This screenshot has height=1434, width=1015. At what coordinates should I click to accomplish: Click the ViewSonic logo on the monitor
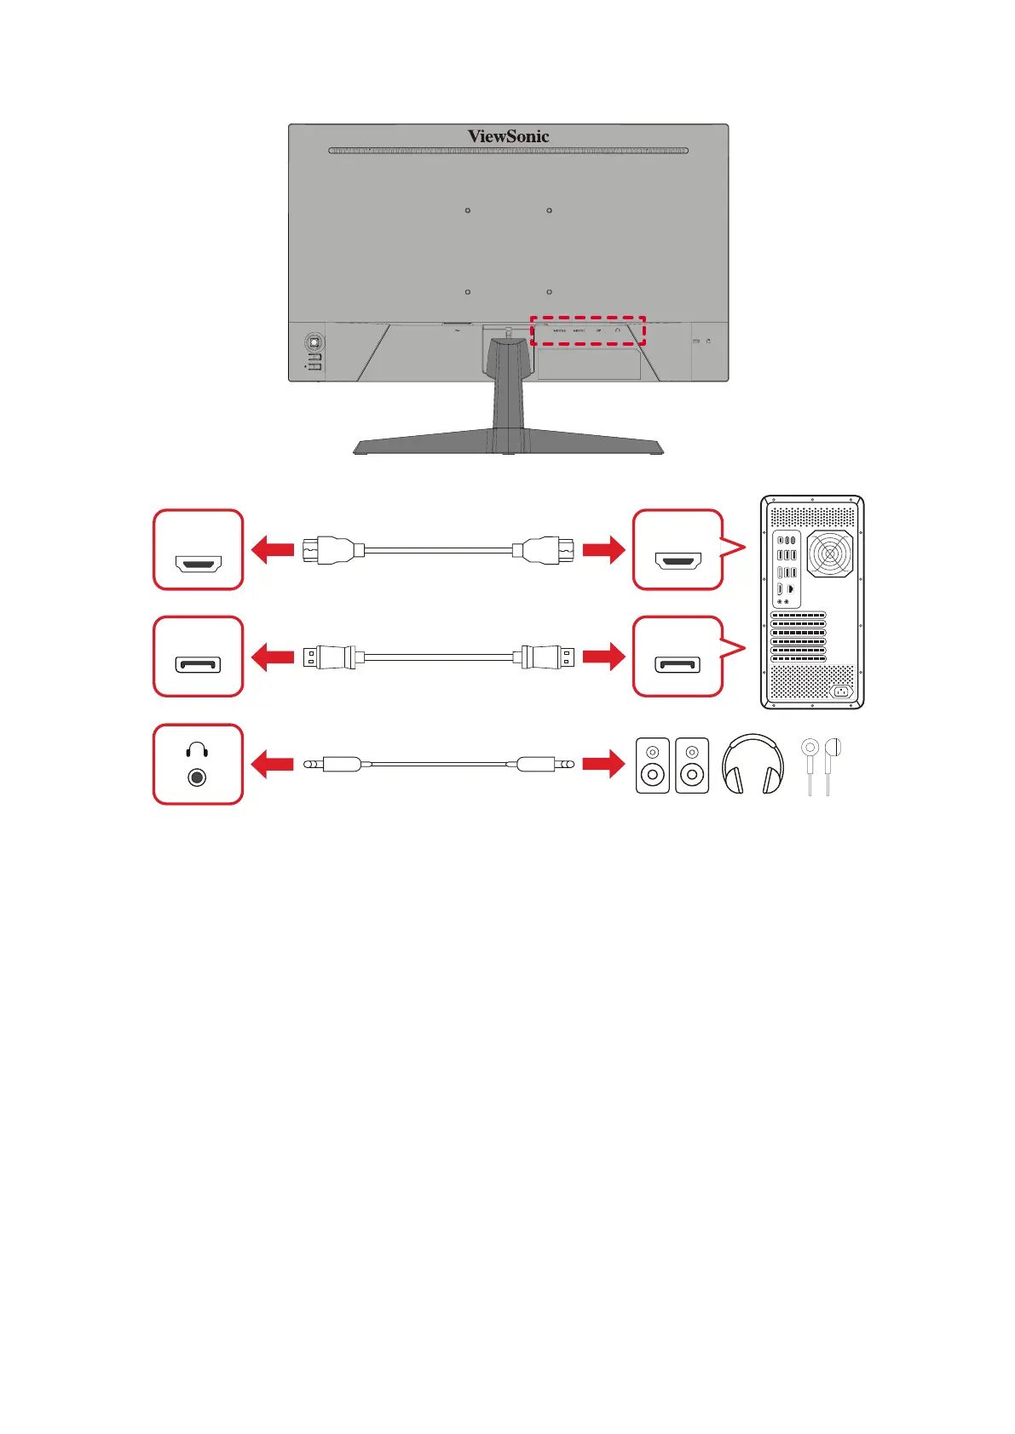508,136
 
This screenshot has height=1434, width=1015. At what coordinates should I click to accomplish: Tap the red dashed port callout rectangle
588,331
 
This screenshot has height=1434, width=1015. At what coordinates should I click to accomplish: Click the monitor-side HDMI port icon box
198,550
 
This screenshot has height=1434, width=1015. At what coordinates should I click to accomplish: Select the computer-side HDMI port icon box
678,550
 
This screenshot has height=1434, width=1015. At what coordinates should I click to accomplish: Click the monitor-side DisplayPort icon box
198,657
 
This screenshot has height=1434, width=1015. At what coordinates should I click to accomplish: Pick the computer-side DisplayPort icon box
678,657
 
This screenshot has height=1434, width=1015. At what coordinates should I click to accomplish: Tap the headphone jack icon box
198,764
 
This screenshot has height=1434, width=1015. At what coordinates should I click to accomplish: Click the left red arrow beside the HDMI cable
273,550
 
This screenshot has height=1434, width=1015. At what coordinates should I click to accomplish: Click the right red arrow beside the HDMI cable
603,550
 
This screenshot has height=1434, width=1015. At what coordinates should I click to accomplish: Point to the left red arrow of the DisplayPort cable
273,657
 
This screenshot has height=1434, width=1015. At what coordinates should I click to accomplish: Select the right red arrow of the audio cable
603,764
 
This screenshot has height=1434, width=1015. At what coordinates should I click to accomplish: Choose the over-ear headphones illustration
753,765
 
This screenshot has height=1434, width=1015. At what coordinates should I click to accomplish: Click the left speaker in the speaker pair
653,766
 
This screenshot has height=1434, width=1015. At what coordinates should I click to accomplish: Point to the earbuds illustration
821,765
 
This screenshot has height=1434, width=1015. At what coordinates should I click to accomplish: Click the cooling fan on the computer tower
829,554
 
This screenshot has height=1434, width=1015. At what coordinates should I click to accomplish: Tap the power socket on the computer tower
841,691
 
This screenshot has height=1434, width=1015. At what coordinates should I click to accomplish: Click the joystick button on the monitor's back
314,342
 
